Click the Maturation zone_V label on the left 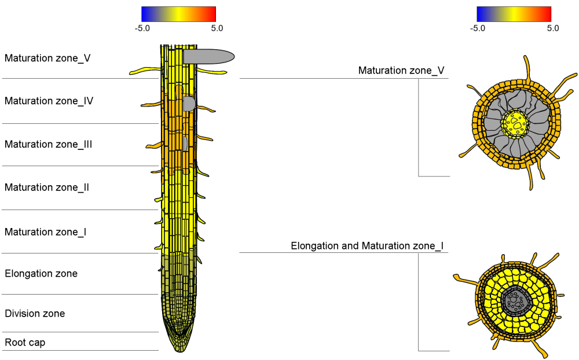(47, 58)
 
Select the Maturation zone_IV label (49, 101)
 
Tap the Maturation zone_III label (48, 145)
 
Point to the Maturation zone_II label (46, 188)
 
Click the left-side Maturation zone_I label (45, 232)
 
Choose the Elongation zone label (41, 274)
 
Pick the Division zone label (35, 314)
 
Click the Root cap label (25, 343)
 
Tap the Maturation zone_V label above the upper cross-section (401, 71)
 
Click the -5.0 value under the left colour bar (142, 28)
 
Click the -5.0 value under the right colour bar (478, 28)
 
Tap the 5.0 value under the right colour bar (552, 28)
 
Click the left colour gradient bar (178, 14)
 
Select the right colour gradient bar (514, 14)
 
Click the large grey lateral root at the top (208, 56)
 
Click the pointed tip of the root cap (179, 350)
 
